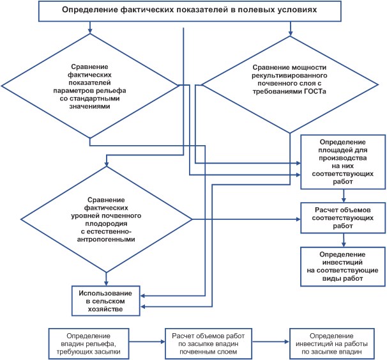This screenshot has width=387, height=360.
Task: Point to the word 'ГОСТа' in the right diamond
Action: pyautogui.click(x=315, y=91)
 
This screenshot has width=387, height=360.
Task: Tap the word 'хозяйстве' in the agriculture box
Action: pyautogui.click(x=105, y=309)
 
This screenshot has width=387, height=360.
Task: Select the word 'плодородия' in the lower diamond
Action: pyautogui.click(x=107, y=224)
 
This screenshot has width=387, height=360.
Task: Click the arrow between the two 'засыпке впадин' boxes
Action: pyautogui.click(x=271, y=342)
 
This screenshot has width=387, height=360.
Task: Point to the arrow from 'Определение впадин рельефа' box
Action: pyautogui.click(x=147, y=342)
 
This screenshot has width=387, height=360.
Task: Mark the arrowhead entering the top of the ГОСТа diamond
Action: pyautogui.click(x=291, y=33)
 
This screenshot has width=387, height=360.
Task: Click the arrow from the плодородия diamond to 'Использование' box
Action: pyautogui.click(x=107, y=279)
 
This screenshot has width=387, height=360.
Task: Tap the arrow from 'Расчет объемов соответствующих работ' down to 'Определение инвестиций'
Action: pyautogui.click(x=344, y=240)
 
